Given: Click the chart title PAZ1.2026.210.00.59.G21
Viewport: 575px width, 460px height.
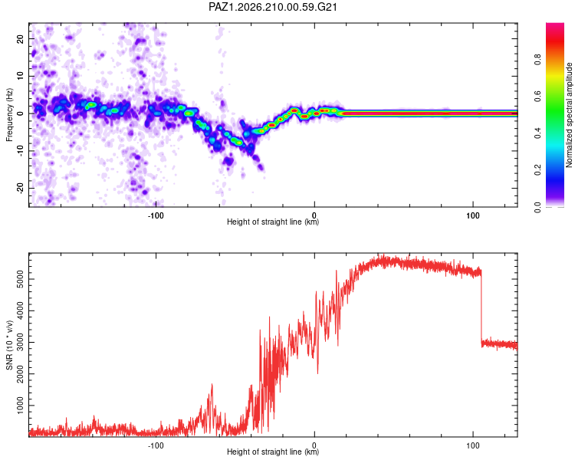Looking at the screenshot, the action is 272,7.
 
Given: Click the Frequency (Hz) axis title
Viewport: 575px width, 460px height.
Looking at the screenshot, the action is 9,115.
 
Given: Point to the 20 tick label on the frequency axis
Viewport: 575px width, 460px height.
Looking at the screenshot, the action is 20,39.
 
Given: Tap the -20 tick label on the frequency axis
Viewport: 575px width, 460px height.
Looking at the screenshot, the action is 20,188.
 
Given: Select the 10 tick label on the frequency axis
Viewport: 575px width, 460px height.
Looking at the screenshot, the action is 20,77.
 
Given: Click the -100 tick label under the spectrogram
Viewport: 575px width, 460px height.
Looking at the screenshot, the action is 156,215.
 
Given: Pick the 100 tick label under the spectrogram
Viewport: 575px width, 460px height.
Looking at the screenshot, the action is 473,215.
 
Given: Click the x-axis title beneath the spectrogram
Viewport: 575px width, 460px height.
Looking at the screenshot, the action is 273,222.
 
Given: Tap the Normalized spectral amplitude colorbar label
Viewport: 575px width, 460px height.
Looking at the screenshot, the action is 569,115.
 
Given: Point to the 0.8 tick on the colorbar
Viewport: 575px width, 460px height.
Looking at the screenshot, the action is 537,60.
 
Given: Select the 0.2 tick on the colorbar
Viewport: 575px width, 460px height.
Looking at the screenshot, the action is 537,170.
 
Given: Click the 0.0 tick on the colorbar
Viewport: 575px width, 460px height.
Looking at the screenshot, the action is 537,208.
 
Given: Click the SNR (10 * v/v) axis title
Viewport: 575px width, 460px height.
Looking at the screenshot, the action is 9,345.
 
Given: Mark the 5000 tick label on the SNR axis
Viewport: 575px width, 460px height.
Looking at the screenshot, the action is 20,279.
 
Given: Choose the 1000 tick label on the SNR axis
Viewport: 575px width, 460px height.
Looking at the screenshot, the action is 20,406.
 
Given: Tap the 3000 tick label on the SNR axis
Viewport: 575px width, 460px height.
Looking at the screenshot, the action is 20,342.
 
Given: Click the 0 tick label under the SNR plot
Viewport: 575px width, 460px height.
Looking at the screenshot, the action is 314,445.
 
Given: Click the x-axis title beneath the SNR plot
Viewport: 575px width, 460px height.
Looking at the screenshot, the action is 273,452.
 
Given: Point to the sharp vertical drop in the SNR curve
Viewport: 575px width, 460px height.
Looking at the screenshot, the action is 481,307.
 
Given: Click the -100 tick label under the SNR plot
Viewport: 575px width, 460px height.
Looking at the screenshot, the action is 156,445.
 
